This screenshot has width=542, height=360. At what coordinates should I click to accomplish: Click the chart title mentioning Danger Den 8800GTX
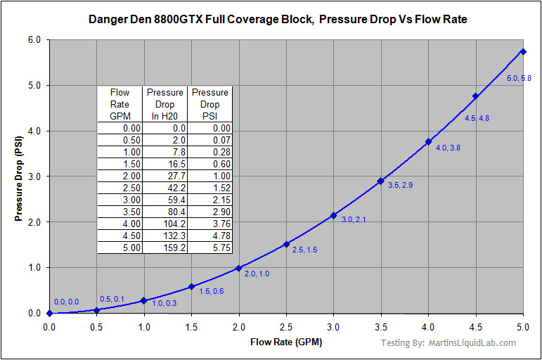278,20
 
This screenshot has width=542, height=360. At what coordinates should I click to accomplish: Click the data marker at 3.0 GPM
333,215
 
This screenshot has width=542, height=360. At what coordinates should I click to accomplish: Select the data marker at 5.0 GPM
523,51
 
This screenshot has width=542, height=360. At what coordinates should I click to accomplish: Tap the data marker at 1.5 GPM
191,286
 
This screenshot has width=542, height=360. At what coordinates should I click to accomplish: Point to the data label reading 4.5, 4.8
477,118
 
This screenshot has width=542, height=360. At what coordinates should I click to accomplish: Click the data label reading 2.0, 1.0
257,274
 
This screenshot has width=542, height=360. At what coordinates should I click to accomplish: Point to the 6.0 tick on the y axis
34,40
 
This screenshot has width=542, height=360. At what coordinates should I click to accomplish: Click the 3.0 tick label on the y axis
34,176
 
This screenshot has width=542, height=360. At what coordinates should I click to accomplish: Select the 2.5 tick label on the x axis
286,327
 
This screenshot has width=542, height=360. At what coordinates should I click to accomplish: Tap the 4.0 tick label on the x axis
428,327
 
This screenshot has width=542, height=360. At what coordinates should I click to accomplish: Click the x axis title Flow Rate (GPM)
285,342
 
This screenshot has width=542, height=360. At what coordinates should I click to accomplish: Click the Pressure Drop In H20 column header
166,104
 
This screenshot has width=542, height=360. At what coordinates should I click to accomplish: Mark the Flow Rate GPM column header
120,104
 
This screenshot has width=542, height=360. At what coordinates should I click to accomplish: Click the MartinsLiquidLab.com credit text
448,343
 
